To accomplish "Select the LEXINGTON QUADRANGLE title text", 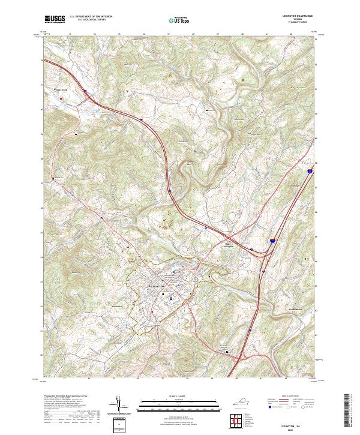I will click(298, 16).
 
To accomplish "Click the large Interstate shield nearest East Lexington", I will click(271, 240).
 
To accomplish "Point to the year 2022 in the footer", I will click(298, 429).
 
